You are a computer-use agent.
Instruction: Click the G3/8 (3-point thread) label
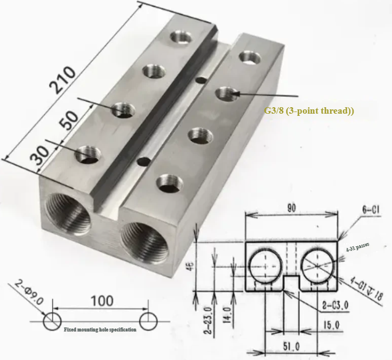[x=309, y=110]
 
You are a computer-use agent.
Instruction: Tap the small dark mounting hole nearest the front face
[x=143, y=161]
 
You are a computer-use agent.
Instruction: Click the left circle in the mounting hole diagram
[x=52, y=320]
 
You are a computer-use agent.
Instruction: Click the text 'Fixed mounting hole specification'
[x=100, y=329]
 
